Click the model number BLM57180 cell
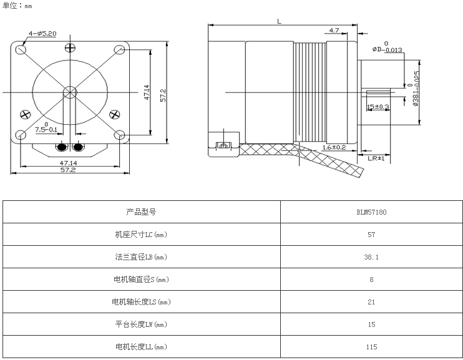point(371,212)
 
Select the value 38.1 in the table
point(371,257)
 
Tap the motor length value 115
point(371,347)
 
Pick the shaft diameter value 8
point(371,280)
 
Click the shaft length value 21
point(371,302)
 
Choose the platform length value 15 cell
point(371,324)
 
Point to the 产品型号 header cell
point(141,212)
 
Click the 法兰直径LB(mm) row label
point(141,257)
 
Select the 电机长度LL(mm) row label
point(141,347)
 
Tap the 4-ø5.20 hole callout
point(42,33)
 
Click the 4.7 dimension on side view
point(334,30)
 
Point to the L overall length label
point(279,21)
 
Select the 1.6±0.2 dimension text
point(334,147)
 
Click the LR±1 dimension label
point(376,158)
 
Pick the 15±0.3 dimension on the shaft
point(378,107)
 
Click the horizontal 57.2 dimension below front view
point(68,170)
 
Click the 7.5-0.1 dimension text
point(46,129)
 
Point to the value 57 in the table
point(371,235)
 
